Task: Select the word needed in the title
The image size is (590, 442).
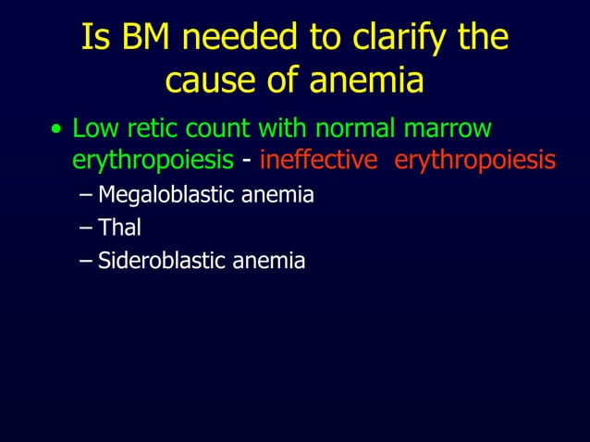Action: [243, 38]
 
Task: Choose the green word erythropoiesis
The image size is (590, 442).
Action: [153, 161]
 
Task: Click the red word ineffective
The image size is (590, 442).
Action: [318, 161]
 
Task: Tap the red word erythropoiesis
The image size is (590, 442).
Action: [474, 161]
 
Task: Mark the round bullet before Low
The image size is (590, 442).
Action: [57, 129]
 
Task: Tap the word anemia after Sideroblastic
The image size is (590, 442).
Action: [268, 262]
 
